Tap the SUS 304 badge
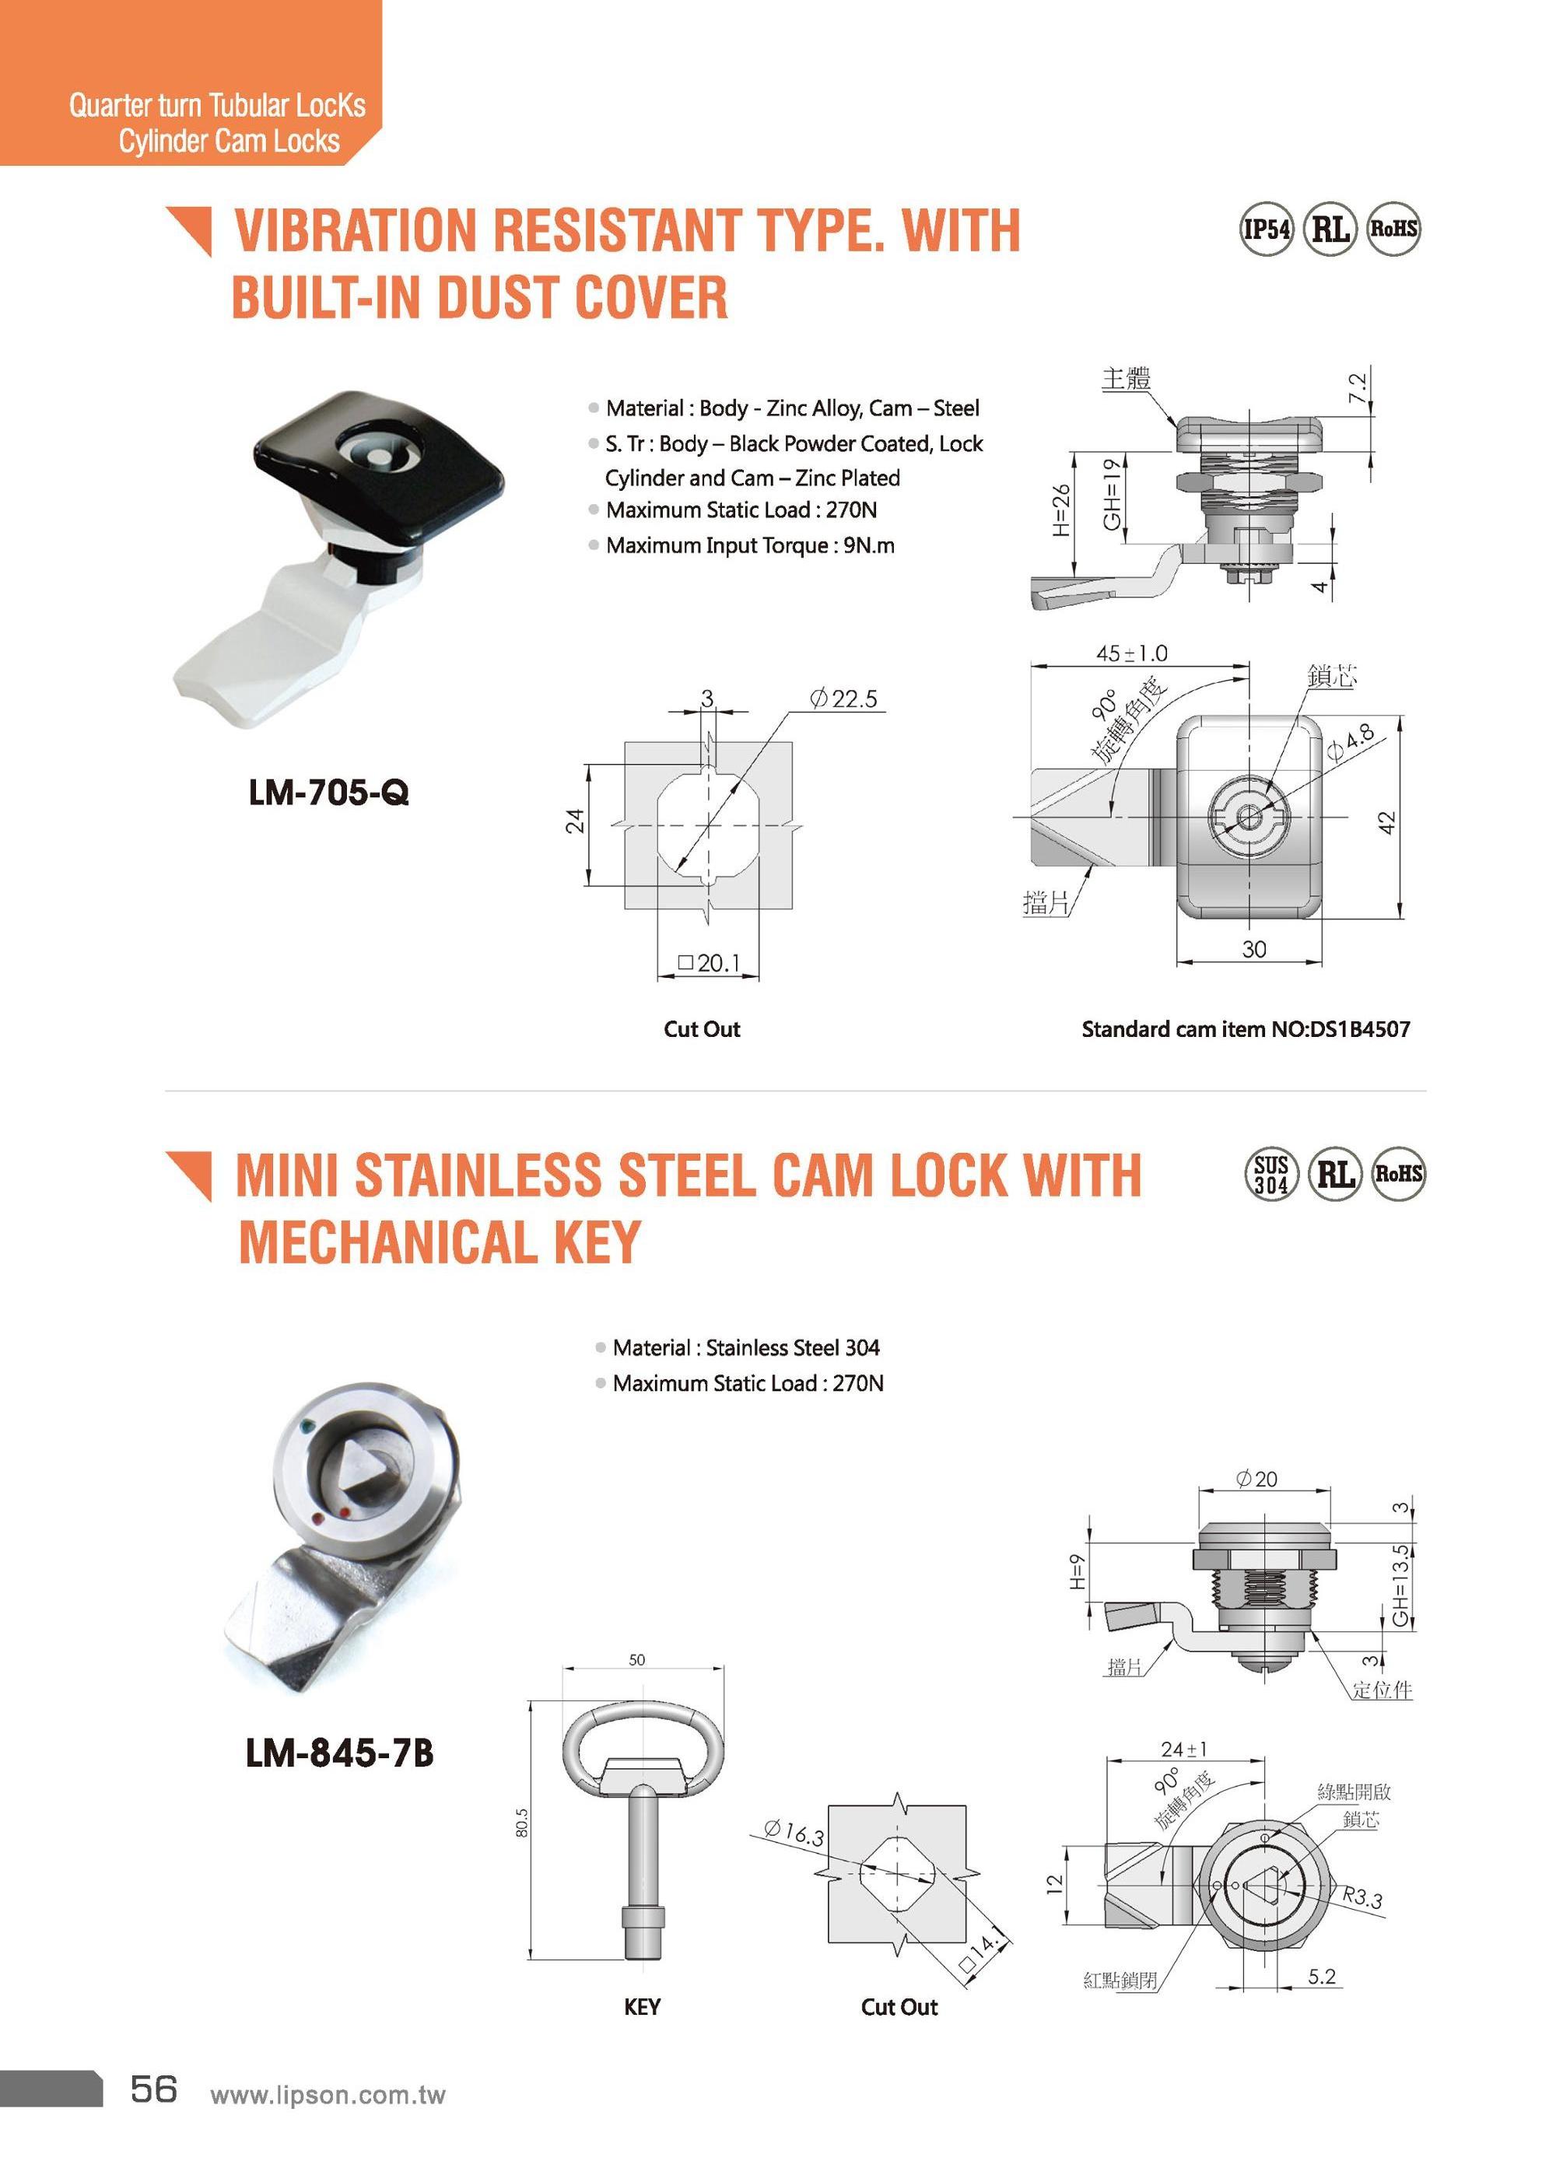tap(1271, 1175)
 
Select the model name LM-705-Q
tap(328, 792)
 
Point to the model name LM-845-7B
tap(339, 1753)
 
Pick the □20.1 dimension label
tap(709, 963)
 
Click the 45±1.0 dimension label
tap(1131, 653)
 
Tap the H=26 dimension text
tap(1060, 510)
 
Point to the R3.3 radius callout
tap(1361, 1896)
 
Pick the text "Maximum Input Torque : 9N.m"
tap(749, 546)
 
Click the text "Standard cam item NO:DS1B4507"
tap(1245, 1030)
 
